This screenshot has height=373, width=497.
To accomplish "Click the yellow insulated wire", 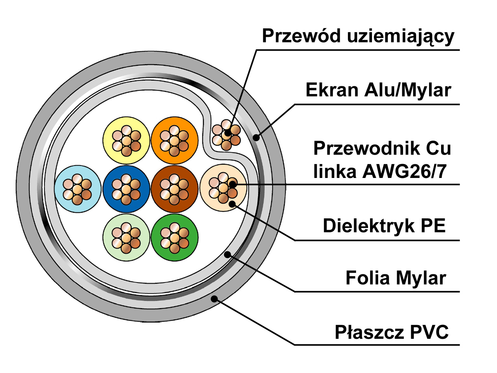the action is click(x=126, y=140).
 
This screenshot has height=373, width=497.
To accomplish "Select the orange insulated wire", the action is click(x=175, y=140).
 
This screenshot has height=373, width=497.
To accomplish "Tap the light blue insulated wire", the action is click(x=78, y=189).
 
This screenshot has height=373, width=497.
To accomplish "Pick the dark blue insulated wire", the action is click(x=126, y=189).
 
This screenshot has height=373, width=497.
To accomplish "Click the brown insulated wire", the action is click(x=175, y=189).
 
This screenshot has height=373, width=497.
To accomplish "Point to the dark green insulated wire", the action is click(x=175, y=237).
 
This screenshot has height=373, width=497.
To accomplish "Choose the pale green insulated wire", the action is click(x=126, y=237).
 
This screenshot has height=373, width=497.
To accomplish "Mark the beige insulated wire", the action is click(x=223, y=188).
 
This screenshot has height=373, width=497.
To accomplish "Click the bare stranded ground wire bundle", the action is click(x=226, y=135).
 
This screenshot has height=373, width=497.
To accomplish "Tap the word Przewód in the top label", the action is click(x=301, y=36).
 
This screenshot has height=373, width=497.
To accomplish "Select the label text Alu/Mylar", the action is click(x=408, y=90).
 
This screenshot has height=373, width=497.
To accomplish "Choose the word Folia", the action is click(x=367, y=278).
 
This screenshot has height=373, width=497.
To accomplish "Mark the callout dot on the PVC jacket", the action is click(x=214, y=299).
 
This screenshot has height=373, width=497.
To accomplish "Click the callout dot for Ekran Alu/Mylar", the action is click(x=256, y=137).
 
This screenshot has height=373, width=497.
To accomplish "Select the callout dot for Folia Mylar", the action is click(x=227, y=254).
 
